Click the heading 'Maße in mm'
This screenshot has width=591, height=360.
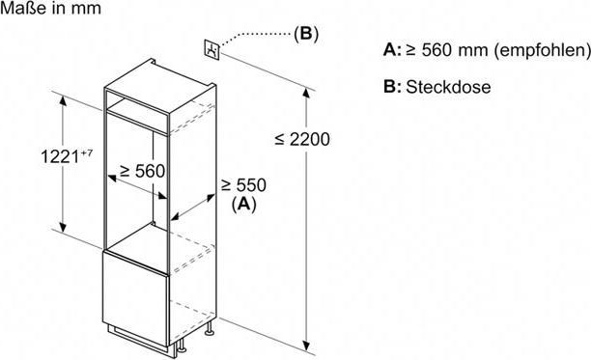coord(47,11)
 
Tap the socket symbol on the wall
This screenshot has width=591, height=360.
coord(211,49)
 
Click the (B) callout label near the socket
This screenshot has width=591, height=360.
coord(305,34)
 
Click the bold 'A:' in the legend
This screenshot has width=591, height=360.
coord(391,49)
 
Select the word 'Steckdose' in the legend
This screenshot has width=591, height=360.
coord(449,87)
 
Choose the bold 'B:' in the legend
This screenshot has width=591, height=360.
coord(391,87)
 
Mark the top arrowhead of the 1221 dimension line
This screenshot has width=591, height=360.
coord(65,99)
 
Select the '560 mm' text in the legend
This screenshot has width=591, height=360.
coord(451,49)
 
